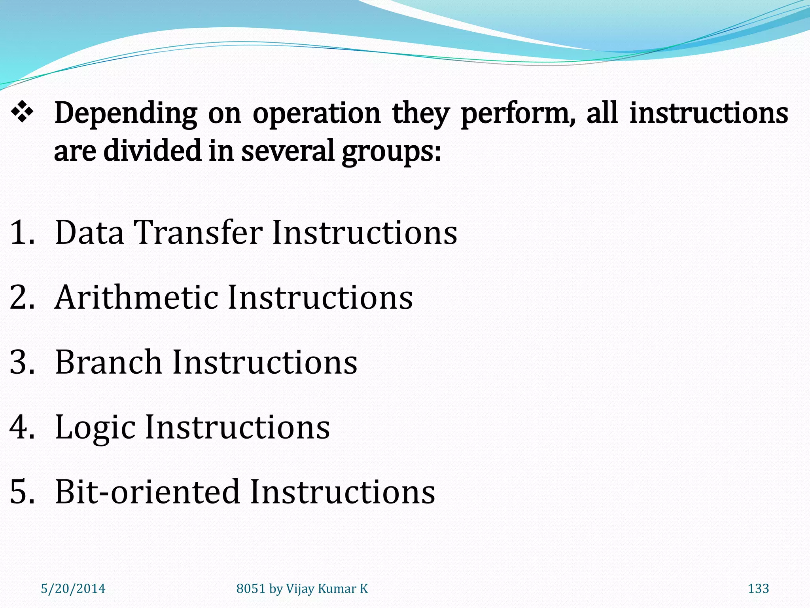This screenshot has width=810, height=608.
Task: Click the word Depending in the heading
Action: (125, 114)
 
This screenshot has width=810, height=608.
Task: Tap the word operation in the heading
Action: (316, 114)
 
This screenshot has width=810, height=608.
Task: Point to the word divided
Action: (152, 151)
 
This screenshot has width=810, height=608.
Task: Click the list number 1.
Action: (22, 233)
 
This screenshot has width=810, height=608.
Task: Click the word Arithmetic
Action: (136, 297)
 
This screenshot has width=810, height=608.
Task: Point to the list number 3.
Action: (22, 362)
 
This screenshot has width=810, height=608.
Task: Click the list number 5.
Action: (22, 492)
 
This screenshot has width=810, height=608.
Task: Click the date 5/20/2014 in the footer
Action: (73, 589)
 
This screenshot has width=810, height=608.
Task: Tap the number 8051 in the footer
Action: (251, 589)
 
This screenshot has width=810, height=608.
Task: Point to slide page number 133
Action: (758, 589)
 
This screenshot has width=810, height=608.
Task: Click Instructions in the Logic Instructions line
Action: (237, 427)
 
